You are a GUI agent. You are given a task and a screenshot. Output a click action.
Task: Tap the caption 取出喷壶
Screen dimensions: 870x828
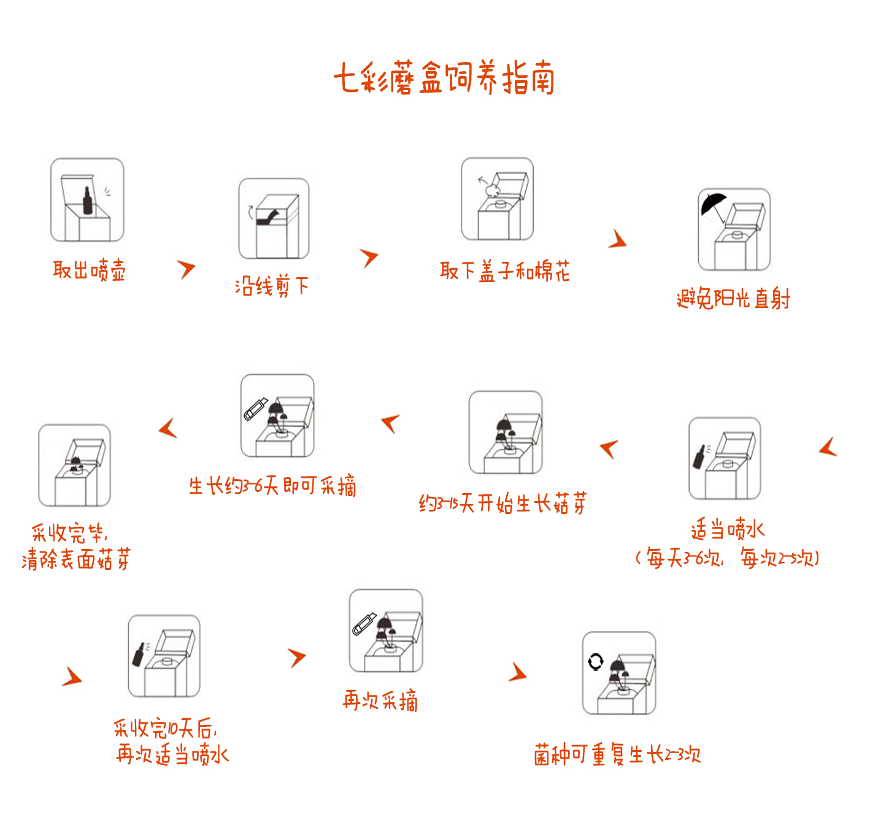pyautogui.click(x=89, y=269)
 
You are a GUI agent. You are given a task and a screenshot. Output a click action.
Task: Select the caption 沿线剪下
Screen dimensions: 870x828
pyautogui.click(x=272, y=286)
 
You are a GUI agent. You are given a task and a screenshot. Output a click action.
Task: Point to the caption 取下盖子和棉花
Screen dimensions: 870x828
pyautogui.click(x=504, y=271)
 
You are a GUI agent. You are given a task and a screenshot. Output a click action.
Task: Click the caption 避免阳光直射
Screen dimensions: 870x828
pyautogui.click(x=733, y=298)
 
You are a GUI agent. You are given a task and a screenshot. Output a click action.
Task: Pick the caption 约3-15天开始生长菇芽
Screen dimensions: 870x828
pyautogui.click(x=502, y=503)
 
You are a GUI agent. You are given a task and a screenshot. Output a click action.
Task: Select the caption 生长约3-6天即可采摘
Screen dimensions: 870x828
pyautogui.click(x=272, y=486)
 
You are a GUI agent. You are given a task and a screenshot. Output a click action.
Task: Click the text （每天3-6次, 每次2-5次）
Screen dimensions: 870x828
pyautogui.click(x=727, y=558)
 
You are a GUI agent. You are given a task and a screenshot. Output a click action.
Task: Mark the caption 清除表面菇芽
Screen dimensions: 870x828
pyautogui.click(x=76, y=559)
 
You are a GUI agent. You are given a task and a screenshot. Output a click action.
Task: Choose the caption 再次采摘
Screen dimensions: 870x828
pyautogui.click(x=380, y=700)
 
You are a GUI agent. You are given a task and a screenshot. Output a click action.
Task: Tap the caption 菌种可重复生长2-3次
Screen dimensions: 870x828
pyautogui.click(x=617, y=754)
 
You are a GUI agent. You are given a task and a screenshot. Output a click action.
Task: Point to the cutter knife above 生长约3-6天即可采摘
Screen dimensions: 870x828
pyautogui.click(x=256, y=409)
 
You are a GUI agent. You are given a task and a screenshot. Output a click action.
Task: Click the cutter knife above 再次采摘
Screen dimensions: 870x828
pyautogui.click(x=364, y=624)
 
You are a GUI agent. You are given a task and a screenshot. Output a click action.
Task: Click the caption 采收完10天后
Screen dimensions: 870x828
pyautogui.click(x=165, y=728)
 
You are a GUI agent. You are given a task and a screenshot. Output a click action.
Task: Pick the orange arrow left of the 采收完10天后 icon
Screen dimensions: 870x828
pyautogui.click(x=73, y=677)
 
